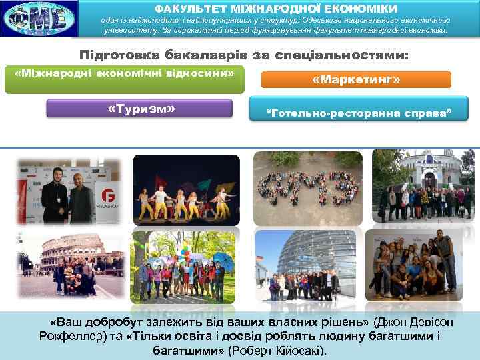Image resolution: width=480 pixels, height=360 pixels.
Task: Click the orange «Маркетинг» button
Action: click(356, 80)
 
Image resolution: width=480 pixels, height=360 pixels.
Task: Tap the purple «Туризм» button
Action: click(139, 108)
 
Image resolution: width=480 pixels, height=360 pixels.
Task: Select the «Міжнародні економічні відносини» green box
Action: click(125, 73)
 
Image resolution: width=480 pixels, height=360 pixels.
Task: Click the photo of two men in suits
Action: click(69, 190)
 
